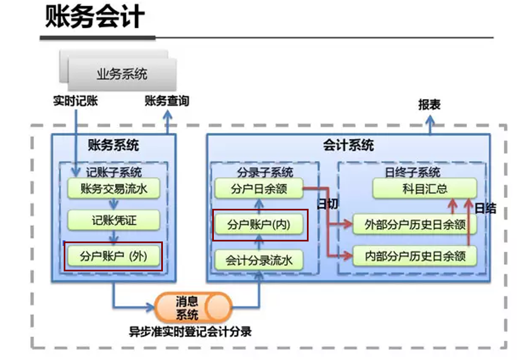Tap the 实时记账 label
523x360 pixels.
[75, 101]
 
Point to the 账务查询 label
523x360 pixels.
[167, 101]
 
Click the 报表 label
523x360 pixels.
[429, 105]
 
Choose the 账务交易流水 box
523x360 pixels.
[114, 189]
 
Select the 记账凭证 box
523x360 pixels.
[114, 221]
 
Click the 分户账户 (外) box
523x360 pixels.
[114, 256]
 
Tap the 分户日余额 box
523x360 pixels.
[259, 189]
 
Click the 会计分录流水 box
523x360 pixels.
[259, 259]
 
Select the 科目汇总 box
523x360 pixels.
[424, 189]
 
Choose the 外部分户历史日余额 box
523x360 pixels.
[414, 224]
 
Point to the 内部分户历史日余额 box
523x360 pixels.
[414, 256]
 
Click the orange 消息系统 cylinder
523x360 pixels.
[193, 307]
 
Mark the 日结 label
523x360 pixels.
[485, 209]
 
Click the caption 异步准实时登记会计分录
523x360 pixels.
[190, 332]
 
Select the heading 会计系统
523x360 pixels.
[348, 146]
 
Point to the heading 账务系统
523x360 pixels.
[114, 146]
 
